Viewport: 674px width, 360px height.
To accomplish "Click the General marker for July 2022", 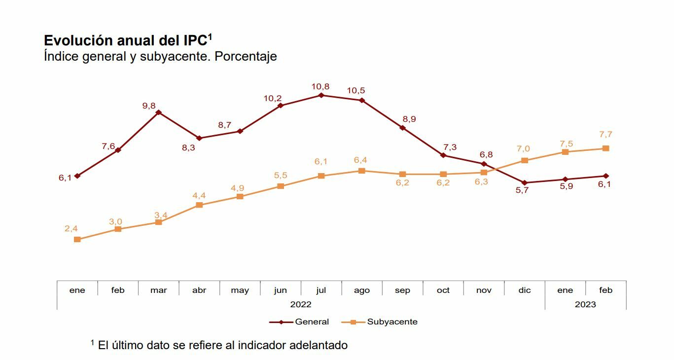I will tap(321, 95).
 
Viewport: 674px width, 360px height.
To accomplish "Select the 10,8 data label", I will tap(320, 87).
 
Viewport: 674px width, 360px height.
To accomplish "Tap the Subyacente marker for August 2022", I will tap(362, 171).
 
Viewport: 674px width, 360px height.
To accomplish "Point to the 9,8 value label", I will tap(149, 105).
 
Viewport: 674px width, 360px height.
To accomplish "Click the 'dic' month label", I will tap(525, 290).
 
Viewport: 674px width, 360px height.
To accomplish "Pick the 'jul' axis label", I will tap(321, 290).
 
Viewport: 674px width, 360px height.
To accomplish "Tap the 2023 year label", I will tap(585, 304).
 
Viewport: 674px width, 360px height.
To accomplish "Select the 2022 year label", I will tap(301, 304).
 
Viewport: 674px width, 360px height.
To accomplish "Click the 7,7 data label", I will tap(605, 135).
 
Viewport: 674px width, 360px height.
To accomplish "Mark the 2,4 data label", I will tap(71, 228).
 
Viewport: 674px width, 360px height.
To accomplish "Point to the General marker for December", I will tap(524, 182).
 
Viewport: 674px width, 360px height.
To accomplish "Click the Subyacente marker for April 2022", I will tap(199, 205).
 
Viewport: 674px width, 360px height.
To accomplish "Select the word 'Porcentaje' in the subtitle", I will tap(246, 56).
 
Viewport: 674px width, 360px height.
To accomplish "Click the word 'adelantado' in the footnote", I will tap(319, 345).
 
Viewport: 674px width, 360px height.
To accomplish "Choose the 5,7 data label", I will tap(522, 190).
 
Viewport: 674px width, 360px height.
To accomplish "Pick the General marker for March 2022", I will tap(158, 112).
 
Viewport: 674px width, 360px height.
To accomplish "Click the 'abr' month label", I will tap(199, 290).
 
